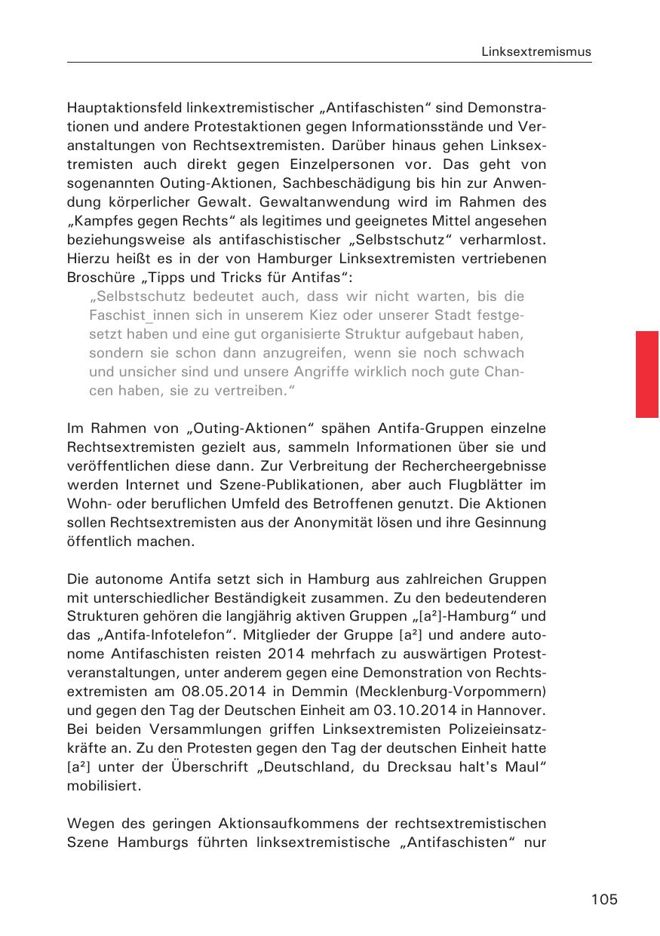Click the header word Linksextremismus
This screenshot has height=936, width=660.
point(536,52)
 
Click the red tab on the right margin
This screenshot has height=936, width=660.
point(647,374)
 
